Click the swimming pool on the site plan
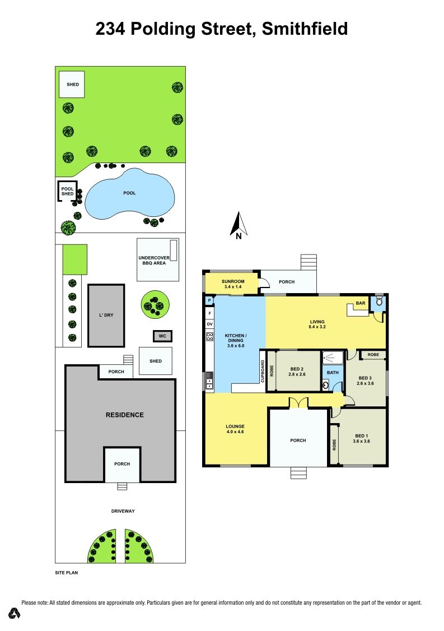129,193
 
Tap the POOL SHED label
68,191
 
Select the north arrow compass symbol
239,225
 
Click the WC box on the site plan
162,336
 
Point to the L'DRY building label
106,315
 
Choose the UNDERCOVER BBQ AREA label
154,261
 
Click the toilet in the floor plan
378,301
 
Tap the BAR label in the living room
361,303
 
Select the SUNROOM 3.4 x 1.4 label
233,284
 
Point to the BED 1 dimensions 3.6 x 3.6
361,441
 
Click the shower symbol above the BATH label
332,357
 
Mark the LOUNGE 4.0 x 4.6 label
235,429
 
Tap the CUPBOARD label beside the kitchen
263,372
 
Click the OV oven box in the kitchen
209,324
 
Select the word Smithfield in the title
305,29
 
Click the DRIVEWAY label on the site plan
123,511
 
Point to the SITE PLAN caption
67,573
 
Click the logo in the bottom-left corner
15,613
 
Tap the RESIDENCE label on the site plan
125,415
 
